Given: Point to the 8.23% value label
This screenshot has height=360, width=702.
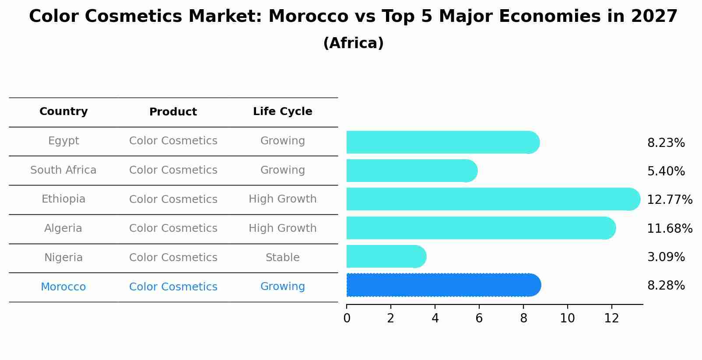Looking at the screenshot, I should pos(666,143).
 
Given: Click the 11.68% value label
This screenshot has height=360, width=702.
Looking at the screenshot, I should pos(669,228).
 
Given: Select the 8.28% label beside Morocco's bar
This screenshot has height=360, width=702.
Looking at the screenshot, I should pos(666,286).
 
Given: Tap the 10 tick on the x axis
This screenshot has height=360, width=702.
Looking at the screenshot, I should pos(567,318).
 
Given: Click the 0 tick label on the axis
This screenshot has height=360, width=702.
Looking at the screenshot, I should pos(347,318).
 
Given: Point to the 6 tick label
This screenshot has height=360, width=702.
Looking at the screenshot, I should pos(479,318).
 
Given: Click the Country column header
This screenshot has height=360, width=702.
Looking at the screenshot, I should pos(63,112).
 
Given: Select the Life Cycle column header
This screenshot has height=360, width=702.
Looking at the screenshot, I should pos(282,112).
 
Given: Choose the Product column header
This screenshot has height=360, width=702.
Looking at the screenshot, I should pos(173,112).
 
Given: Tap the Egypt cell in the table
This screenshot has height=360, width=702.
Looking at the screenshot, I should pos(63,141).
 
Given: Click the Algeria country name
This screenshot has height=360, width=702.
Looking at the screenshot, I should pos(63,228).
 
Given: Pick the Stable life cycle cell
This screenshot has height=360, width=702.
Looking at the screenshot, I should pos(282,258).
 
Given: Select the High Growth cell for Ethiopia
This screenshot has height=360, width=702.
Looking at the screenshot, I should pos(282,199).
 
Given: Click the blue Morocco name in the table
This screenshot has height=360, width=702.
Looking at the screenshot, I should pos(63,287).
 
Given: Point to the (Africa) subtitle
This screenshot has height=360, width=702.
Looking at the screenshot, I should pos(353,43).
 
